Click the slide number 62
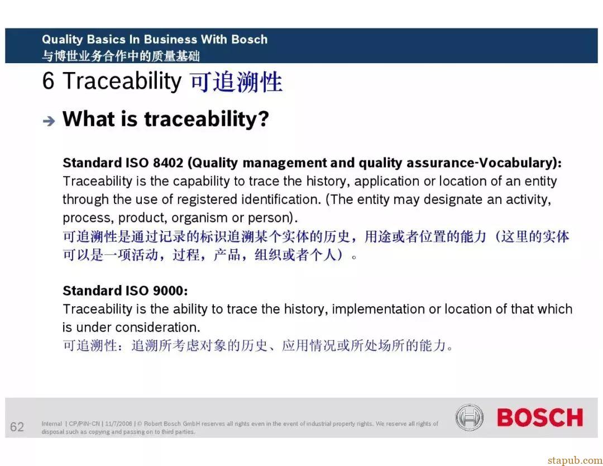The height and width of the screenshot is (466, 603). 17,427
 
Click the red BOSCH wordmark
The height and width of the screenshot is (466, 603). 540,417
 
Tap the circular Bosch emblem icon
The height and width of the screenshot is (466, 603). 469,417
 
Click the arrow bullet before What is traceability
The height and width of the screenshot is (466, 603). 49,121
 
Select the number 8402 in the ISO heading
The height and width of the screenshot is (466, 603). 168,163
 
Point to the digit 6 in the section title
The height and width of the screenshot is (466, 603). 48,81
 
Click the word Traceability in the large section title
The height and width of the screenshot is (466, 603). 122,82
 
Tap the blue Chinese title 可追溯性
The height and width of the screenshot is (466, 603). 237,82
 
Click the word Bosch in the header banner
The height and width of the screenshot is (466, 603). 249,39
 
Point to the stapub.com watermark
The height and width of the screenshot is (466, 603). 575,460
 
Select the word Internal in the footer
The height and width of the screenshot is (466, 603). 52,424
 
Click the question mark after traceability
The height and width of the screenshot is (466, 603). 264,119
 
